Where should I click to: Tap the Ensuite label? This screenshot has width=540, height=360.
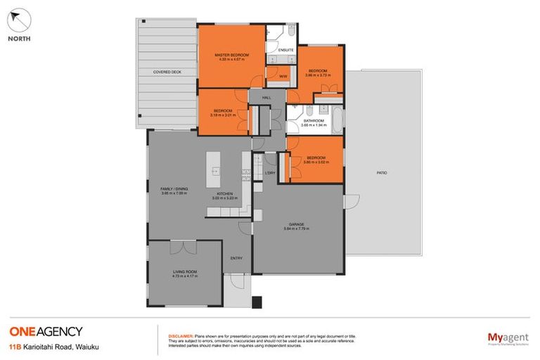pos(285,50)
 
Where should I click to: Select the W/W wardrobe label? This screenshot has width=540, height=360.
pos(283,76)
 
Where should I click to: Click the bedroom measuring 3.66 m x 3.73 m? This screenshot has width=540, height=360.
pos(319,71)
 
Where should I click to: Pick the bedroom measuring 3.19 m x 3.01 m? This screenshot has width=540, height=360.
pos(222,112)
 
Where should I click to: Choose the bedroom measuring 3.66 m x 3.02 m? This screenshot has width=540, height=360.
pos(314,158)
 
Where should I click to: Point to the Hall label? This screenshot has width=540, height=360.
pos(266,98)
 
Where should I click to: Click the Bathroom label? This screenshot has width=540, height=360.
pos(314,121)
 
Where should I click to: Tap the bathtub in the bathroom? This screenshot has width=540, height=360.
pos(337,122)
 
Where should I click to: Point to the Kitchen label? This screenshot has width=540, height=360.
pos(224,193)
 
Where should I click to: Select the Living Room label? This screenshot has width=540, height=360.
pos(185,271)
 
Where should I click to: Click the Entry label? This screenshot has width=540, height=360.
pos(236,257)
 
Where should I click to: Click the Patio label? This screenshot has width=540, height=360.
pos(382,172)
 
